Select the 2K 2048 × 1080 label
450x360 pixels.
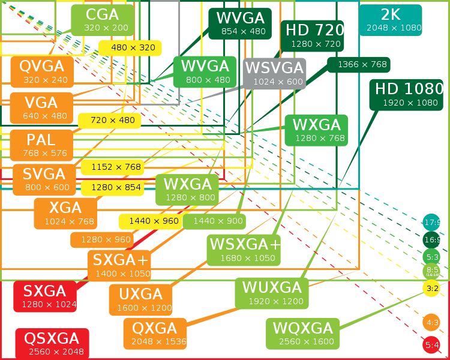pos(390,20)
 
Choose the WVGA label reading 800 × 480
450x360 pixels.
pos(205,72)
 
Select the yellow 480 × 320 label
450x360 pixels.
pos(130,48)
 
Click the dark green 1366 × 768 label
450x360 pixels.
pos(359,64)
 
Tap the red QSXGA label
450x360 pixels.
pos(52,344)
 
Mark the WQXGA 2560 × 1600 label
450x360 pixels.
pos(302,334)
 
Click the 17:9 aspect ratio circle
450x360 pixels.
pos(432,223)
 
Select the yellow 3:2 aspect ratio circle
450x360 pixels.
pos(431,288)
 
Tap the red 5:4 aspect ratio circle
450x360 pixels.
pos(431,345)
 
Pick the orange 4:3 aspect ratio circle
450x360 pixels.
pos(431,323)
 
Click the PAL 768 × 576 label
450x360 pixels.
pos(42,145)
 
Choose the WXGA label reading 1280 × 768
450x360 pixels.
pos(316,130)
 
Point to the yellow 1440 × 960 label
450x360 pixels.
pos(150,221)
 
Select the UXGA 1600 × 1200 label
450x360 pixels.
pos(140,300)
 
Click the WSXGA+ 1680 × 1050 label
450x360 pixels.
pos(244,250)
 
